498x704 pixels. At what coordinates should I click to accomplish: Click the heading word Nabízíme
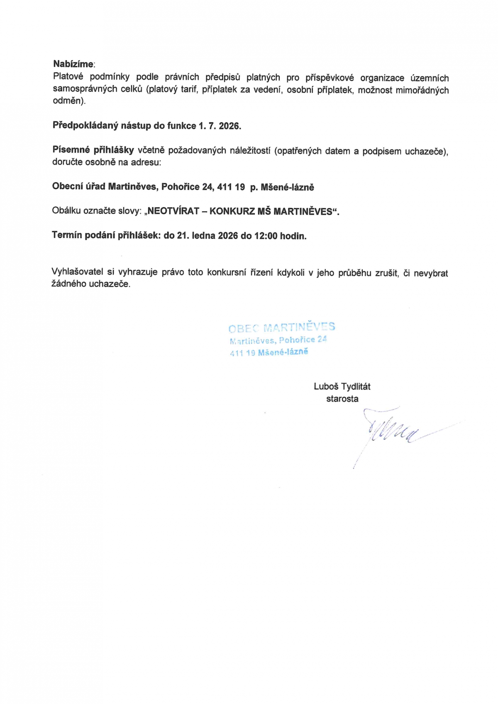point(73,64)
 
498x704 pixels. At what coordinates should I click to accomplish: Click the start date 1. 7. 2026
point(220,126)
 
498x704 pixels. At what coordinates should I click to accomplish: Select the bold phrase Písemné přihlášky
point(93,150)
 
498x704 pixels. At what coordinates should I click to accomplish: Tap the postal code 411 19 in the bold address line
point(231,187)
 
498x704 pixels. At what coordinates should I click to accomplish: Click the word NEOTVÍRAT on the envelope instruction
point(173,211)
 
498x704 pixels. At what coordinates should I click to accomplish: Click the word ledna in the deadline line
point(203,236)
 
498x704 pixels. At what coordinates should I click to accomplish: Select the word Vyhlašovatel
point(77,272)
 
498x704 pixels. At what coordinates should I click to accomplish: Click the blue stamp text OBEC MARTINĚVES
point(281,328)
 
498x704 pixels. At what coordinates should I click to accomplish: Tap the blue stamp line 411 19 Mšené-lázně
point(269,352)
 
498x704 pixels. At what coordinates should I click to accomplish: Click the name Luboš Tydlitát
point(342,386)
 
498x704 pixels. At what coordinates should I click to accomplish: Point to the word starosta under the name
point(342,399)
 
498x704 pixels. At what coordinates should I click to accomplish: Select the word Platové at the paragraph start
point(68,77)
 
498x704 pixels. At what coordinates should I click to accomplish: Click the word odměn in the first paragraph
point(68,101)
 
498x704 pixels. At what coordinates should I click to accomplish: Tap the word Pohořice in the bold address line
point(181,187)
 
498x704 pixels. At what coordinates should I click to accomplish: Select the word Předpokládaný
point(85,126)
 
